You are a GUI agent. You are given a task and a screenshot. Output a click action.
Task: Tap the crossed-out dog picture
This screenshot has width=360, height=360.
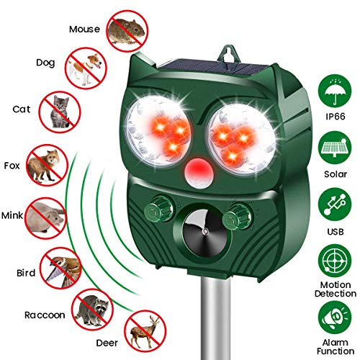click(86, 68)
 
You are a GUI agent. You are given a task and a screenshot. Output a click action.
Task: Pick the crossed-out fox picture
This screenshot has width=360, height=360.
click(45, 165)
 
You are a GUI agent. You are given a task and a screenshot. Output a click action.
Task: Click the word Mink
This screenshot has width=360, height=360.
click(14, 215)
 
